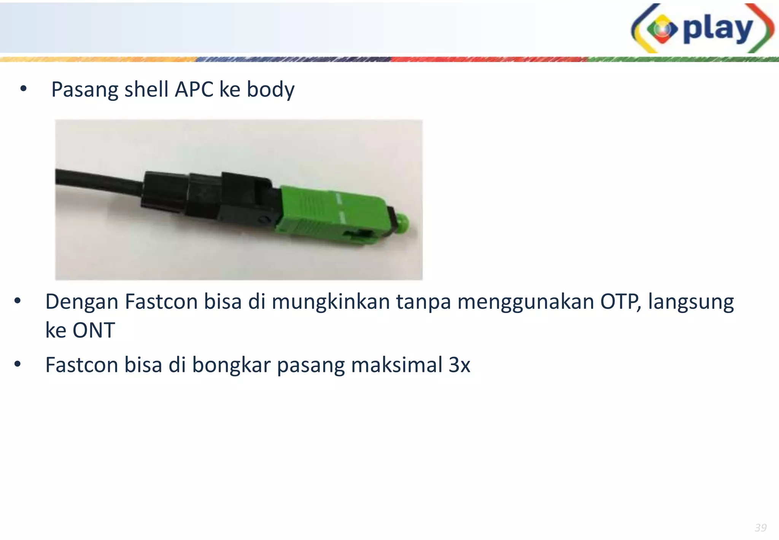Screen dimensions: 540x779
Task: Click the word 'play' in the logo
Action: (x=718, y=30)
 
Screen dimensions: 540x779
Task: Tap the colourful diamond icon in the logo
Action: (x=662, y=29)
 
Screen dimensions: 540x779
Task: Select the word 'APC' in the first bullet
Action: (x=194, y=89)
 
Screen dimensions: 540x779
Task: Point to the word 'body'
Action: (x=270, y=90)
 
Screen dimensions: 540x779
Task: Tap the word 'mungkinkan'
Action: (x=331, y=302)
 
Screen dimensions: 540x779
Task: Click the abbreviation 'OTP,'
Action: (x=621, y=302)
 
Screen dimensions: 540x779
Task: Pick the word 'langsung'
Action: (x=691, y=302)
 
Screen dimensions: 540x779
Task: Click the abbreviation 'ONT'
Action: (x=94, y=330)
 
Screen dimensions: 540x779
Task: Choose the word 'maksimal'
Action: (x=396, y=365)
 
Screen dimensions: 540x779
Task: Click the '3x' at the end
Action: (x=459, y=365)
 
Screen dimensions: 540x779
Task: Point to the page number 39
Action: (x=760, y=527)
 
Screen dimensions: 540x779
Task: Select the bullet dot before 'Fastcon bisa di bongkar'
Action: (x=17, y=364)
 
